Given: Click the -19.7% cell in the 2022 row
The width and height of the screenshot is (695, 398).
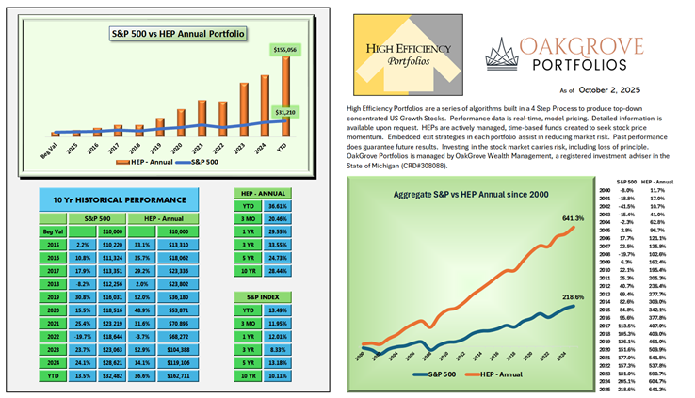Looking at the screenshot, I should [x=82, y=336].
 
